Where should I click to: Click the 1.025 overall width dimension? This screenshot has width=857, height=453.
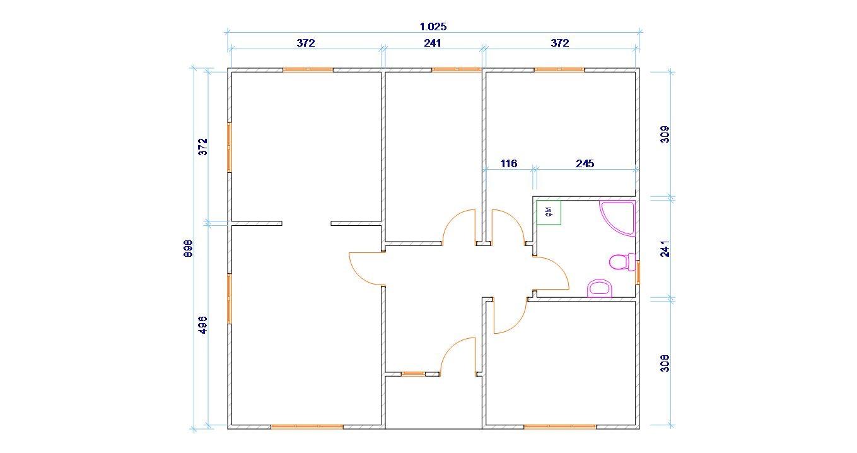tap(433, 26)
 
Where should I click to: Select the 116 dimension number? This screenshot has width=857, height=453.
tap(509, 164)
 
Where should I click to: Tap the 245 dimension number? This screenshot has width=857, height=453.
tap(585, 164)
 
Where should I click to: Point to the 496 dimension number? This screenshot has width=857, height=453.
tap(203, 325)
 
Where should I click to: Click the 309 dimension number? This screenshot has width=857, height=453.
tap(665, 134)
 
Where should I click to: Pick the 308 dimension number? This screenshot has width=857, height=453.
tap(665, 363)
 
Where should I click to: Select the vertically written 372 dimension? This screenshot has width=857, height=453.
tap(203, 146)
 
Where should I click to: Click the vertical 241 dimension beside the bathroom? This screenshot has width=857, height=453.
tap(665, 249)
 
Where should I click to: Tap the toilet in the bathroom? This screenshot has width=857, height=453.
tap(622, 262)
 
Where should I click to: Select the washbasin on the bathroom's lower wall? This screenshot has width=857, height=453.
tap(599, 289)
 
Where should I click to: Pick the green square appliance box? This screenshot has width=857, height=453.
tap(549, 212)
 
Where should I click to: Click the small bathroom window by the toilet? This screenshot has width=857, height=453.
tap(638, 273)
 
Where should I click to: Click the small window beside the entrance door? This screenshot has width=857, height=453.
tap(413, 374)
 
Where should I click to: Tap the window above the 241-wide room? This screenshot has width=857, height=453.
tap(456, 69)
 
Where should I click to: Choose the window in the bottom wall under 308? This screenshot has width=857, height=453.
tap(560, 427)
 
